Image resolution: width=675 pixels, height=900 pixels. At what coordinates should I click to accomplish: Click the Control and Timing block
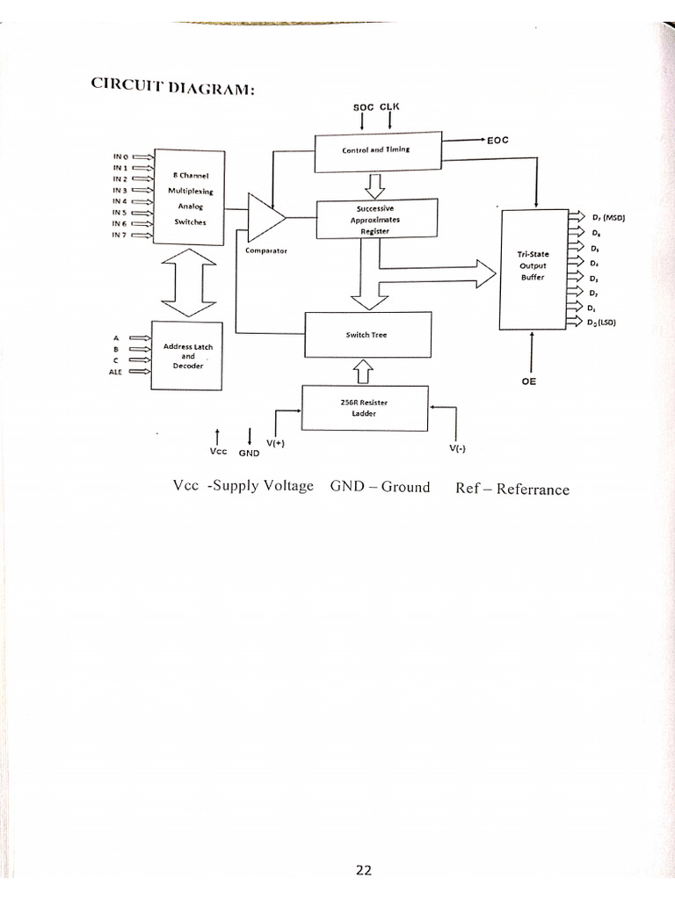tap(376, 149)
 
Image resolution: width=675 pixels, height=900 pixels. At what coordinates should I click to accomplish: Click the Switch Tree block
tap(367, 335)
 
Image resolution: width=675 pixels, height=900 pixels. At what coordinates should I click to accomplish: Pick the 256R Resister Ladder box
tap(365, 408)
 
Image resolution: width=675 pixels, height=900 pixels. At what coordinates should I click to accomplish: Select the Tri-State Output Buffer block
tap(533, 266)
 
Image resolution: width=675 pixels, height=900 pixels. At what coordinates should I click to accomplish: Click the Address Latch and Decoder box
tap(188, 357)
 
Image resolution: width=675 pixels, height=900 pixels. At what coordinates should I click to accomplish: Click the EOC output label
tap(497, 140)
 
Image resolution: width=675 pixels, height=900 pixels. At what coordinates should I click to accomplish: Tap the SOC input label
tap(363, 106)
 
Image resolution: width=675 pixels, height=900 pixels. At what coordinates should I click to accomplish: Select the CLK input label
tap(389, 106)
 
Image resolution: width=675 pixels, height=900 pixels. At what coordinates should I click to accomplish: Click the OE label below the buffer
tap(529, 382)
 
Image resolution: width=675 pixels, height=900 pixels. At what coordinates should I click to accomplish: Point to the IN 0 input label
tap(120, 156)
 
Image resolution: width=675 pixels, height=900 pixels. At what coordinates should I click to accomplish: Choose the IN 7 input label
tap(120, 235)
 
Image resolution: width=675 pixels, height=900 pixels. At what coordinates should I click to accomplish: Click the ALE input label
tap(114, 372)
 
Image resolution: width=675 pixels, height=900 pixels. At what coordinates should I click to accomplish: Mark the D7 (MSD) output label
tap(606, 217)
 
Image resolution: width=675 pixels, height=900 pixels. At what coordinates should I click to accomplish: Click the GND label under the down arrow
tap(250, 454)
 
